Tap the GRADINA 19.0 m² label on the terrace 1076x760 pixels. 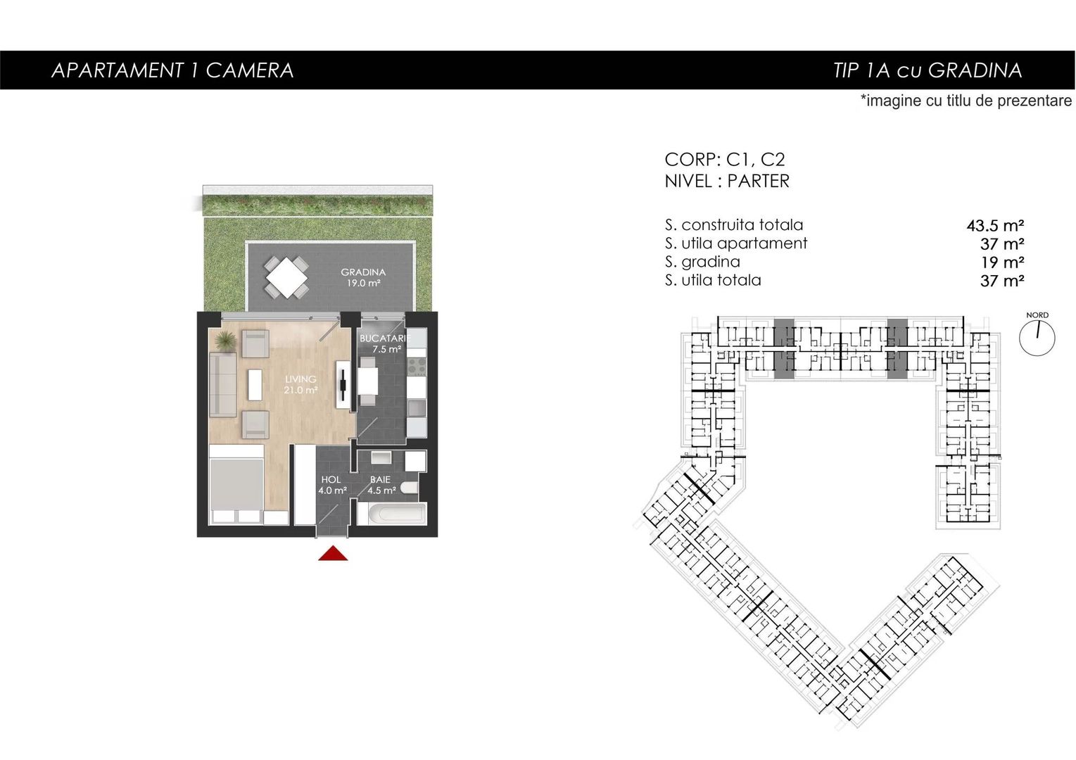coord(363,277)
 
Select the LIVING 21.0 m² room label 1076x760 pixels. coord(300,384)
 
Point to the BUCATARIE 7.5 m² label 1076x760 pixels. coord(384,343)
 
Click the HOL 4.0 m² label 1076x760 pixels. coord(331,485)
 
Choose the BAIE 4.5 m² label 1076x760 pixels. coord(381,485)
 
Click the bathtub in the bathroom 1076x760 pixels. coord(391,513)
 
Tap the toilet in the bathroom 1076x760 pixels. coord(410,488)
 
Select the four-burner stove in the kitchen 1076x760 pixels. coord(417,366)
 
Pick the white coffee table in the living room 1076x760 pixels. coord(255,384)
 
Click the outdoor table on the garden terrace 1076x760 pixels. coord(286,277)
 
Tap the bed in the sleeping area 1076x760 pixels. coord(236,486)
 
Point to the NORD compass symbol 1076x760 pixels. coord(1037,337)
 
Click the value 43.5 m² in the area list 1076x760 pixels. coord(995,226)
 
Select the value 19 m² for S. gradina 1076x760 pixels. coord(1002,262)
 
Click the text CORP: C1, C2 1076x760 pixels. coord(724,160)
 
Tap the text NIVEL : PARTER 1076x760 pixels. coord(727,182)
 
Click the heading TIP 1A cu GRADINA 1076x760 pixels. coord(927,70)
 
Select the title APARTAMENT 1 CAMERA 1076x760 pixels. coord(172,70)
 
